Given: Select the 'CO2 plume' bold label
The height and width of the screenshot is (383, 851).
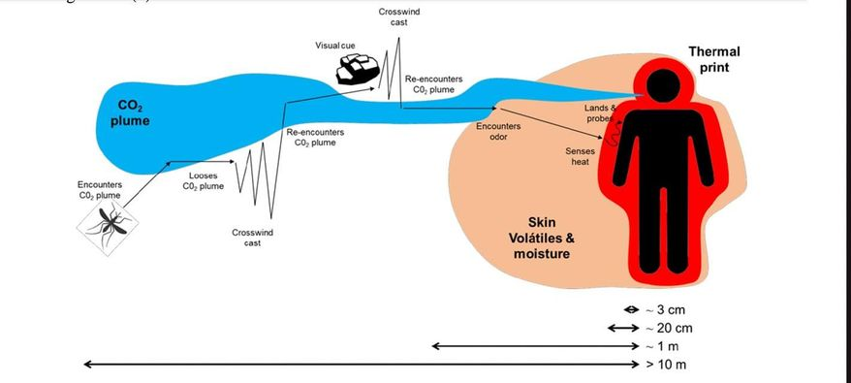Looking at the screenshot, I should point(130,113).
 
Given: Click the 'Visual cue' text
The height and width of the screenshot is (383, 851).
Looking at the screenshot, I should point(334,46).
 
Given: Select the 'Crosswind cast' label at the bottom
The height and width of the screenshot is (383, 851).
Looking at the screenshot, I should point(245,238).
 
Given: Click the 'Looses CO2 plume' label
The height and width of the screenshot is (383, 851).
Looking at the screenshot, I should point(204,181).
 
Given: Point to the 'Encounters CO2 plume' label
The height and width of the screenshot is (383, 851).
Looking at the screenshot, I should point(100,189).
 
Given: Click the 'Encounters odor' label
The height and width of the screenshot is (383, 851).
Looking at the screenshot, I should point(498,132).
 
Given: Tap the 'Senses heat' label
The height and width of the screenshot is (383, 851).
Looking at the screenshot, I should point(581,156).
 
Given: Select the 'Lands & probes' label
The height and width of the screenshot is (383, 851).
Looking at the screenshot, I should point(600,112).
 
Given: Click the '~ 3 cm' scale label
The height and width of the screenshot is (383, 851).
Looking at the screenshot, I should point(665,309).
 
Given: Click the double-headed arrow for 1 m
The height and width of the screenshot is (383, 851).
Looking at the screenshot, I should point(532,346).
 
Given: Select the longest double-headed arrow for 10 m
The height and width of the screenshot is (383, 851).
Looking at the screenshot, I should point(360,365).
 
